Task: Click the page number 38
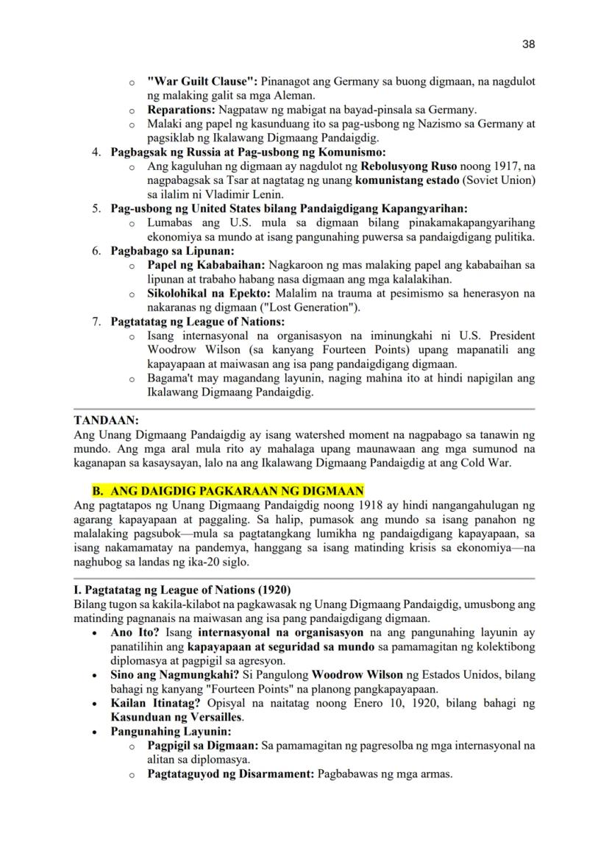[x=528, y=44]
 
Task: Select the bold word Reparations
[x=181, y=110]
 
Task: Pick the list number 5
[x=97, y=208]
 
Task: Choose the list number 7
[x=97, y=321]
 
